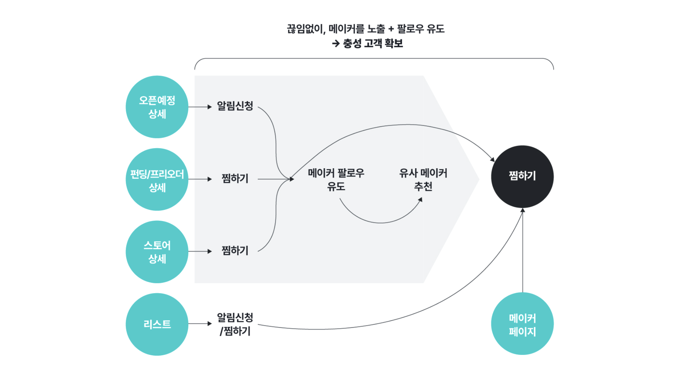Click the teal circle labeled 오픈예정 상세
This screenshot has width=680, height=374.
point(157,107)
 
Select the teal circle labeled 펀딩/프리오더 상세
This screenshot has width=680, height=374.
point(157,179)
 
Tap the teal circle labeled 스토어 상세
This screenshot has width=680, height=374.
point(157,252)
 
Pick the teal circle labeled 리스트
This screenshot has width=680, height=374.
point(157,324)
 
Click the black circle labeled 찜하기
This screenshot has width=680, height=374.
point(522,176)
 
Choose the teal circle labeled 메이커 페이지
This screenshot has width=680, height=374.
point(522,324)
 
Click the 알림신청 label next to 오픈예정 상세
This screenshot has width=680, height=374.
point(235,106)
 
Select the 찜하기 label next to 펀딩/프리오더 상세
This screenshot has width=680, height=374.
point(235,178)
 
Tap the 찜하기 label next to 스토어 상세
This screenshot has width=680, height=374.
point(235,250)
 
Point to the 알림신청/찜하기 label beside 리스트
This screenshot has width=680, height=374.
point(235,324)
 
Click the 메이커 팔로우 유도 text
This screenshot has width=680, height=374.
point(336,180)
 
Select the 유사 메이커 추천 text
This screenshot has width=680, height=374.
point(423,180)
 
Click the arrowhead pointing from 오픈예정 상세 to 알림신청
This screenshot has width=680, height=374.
point(210,107)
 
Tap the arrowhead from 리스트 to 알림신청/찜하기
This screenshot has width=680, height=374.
point(210,324)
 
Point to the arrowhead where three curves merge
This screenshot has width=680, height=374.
point(292,179)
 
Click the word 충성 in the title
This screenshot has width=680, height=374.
point(352,43)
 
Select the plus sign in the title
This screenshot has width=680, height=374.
point(391,29)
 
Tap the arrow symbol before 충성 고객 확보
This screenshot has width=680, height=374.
point(335,44)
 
